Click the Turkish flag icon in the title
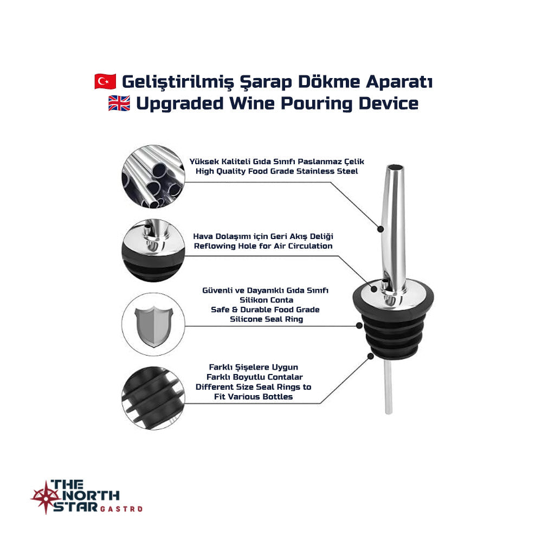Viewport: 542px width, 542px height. pyautogui.click(x=106, y=81)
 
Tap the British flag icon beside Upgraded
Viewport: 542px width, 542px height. pyautogui.click(x=119, y=104)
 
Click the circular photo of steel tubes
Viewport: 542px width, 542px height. pyautogui.click(x=153, y=177)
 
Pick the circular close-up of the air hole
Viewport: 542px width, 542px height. pyautogui.click(x=153, y=250)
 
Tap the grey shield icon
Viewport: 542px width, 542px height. pyautogui.click(x=153, y=326)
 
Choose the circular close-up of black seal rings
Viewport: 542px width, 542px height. pyautogui.click(x=153, y=398)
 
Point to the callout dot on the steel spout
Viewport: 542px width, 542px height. pyautogui.click(x=380, y=229)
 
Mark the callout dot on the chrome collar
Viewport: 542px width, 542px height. pyautogui.click(x=374, y=289)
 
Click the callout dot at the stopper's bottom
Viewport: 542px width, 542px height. pyautogui.click(x=371, y=356)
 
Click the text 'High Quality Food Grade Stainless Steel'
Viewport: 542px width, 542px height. pyautogui.click(x=276, y=171)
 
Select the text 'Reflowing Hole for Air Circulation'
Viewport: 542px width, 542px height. pyautogui.click(x=263, y=246)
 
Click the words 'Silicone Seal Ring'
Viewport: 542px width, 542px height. pyautogui.click(x=267, y=319)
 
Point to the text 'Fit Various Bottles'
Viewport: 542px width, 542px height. pyautogui.click(x=253, y=397)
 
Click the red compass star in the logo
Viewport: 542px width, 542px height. pyautogui.click(x=46, y=497)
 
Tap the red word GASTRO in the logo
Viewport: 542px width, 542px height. pyautogui.click(x=121, y=509)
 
